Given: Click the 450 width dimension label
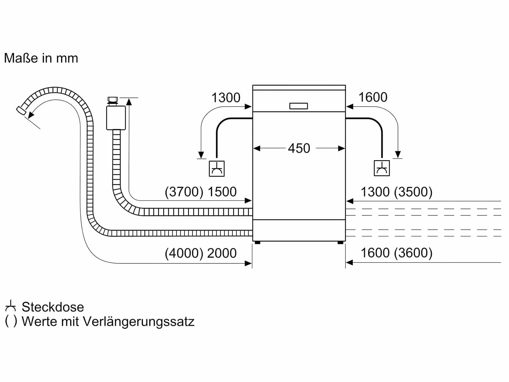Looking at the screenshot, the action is (299, 148).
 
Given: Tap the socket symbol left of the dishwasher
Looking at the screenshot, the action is (217, 169).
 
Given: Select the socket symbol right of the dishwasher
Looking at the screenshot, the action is (382, 168).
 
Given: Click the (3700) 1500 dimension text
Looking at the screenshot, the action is (201, 192).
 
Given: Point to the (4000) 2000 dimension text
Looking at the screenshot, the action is (201, 253).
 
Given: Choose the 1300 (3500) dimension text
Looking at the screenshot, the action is (397, 192).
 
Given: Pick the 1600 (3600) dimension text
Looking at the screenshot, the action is (397, 253).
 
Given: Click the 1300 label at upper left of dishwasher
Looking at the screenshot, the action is (226, 98).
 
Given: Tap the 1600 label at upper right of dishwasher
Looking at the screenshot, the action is (373, 97).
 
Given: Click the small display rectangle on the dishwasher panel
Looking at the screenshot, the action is (299, 106).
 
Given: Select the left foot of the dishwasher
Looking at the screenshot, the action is (257, 243).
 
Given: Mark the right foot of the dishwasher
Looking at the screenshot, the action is (341, 243).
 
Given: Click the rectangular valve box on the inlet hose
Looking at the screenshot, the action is (116, 118).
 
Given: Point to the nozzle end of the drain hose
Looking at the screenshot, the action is (21, 110).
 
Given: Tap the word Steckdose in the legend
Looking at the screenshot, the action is (53, 307).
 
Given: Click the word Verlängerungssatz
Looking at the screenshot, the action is (138, 322).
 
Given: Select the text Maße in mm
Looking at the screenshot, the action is (41, 58).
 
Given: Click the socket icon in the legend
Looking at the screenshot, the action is (10, 306).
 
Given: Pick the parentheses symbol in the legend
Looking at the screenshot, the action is (11, 322).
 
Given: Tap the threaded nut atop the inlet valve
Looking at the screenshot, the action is (113, 100).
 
